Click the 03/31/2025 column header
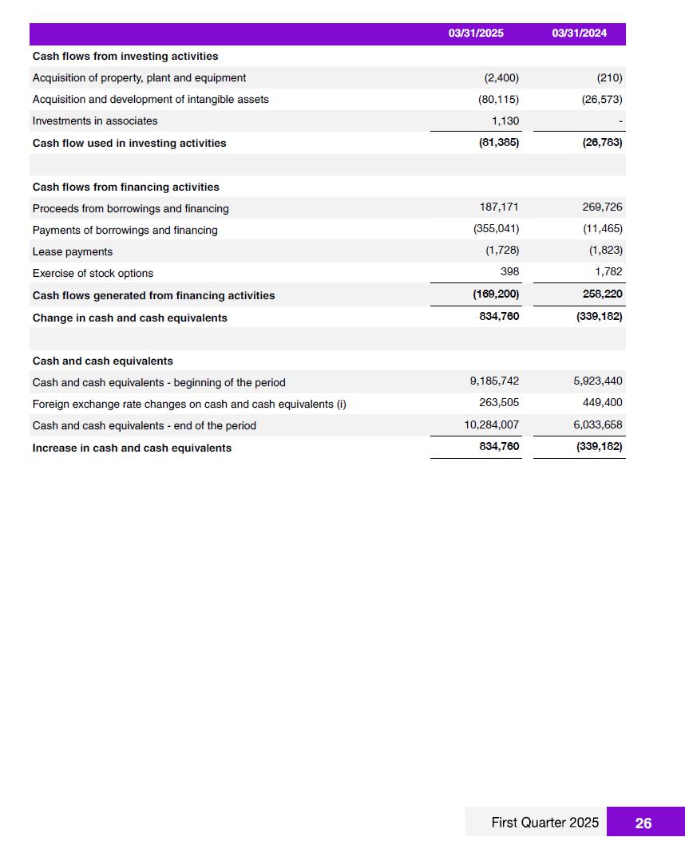[x=476, y=34]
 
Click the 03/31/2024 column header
[x=579, y=34]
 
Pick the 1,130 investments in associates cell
[x=505, y=120]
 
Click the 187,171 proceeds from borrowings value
[x=499, y=207]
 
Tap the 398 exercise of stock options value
[x=509, y=272]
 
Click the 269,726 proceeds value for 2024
[x=602, y=207]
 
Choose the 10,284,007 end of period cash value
[x=492, y=425]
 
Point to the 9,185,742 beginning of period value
[x=494, y=381]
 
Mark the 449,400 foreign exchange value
[x=603, y=403]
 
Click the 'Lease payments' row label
[x=73, y=251]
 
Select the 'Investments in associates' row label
[x=95, y=121]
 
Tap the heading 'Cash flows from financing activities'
[x=125, y=187]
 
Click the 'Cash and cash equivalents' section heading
[x=102, y=361]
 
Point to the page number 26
[x=643, y=823]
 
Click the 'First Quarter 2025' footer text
[x=544, y=823]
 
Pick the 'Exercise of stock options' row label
[x=93, y=273]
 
